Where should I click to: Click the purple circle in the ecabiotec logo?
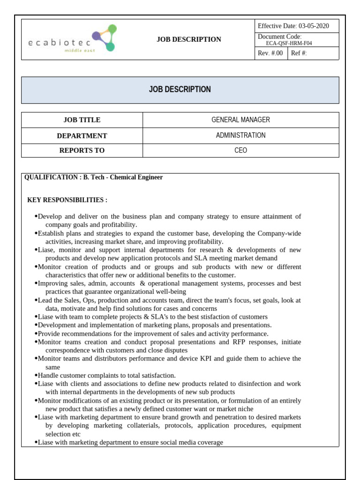[x=96, y=35]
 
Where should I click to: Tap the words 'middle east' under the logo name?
[x=79, y=50]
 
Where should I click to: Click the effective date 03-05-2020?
[x=314, y=26]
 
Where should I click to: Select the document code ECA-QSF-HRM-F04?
[x=289, y=43]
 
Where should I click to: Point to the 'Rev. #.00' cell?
[x=270, y=53]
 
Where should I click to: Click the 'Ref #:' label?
[x=299, y=53]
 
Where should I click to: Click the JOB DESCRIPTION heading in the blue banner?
[x=180, y=90]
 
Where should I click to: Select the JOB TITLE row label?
[x=82, y=120]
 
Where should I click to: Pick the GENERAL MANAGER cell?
[x=240, y=120]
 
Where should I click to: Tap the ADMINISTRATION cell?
[x=240, y=135]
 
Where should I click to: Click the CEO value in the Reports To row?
[x=240, y=150]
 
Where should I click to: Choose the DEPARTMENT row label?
[x=82, y=136]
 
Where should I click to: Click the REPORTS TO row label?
[x=82, y=150]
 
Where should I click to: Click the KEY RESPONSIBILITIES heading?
[x=67, y=200]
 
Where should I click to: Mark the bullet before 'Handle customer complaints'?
[x=36, y=375]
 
